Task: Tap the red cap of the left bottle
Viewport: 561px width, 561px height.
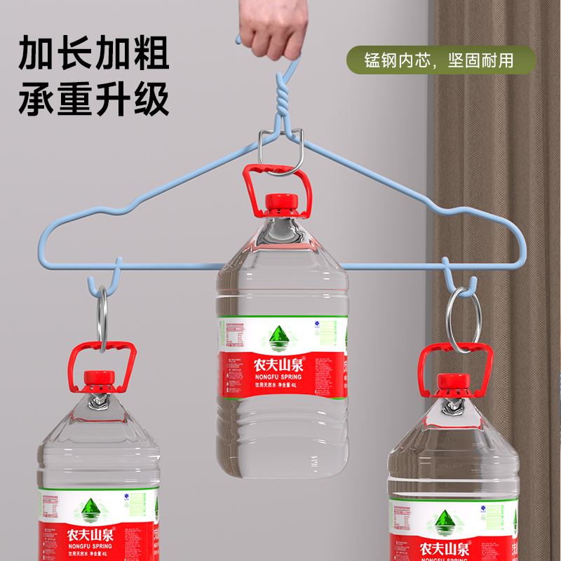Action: [x=98, y=379]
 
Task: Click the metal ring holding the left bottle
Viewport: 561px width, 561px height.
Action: [x=102, y=319]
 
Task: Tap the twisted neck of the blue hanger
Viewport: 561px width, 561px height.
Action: [x=282, y=101]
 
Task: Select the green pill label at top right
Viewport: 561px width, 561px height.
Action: [x=440, y=60]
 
